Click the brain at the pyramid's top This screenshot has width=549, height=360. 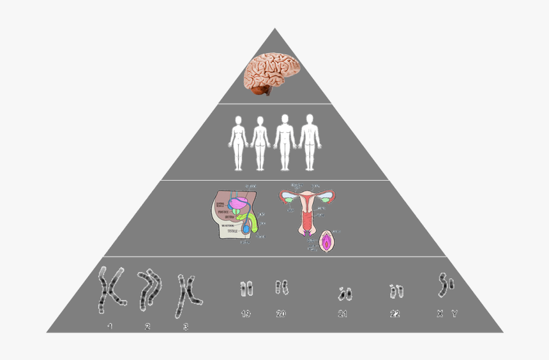[x=273, y=71]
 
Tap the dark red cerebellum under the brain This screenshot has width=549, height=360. [x=261, y=91]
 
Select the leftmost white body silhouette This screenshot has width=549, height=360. [x=239, y=142]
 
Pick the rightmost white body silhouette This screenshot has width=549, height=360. [x=309, y=142]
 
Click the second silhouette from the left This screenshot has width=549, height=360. [x=259, y=142]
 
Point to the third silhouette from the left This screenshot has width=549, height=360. [x=285, y=142]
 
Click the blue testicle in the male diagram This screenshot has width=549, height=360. [x=245, y=228]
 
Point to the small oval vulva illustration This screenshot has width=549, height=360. [x=327, y=241]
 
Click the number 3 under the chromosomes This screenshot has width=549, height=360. [x=186, y=327]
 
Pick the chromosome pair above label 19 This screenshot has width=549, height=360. [x=246, y=289]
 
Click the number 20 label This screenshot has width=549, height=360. [x=281, y=313]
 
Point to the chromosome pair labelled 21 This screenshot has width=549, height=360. [x=343, y=294]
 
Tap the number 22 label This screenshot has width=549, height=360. [x=395, y=313]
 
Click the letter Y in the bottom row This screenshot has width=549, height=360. [x=454, y=313]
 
